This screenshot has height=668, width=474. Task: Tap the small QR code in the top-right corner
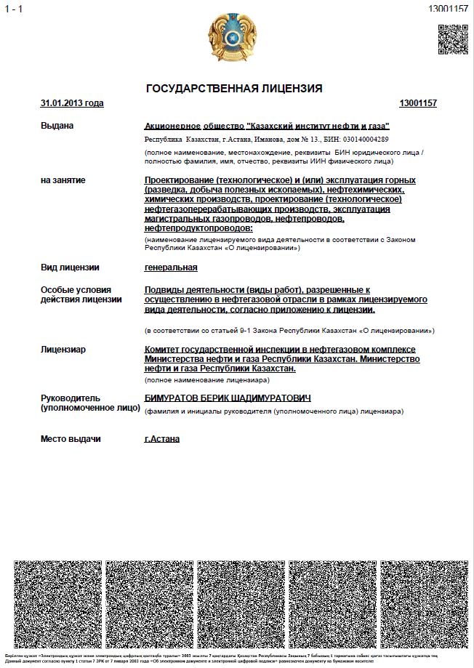[452, 39]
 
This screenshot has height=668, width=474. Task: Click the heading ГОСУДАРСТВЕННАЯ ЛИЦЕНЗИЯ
[234, 89]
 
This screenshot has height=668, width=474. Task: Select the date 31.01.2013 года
[72, 103]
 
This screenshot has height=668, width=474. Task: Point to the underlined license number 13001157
[418, 103]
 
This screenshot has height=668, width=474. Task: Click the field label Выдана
[57, 126]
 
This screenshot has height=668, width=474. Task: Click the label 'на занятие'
[63, 180]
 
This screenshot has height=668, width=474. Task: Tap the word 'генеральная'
[171, 267]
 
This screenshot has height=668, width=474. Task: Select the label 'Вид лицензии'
[70, 267]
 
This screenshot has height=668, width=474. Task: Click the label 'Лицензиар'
[63, 350]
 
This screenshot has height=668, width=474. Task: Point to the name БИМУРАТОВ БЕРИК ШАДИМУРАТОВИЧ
[228, 398]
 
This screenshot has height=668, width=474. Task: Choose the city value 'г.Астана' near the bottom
[162, 438]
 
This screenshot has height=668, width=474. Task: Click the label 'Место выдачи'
[71, 439]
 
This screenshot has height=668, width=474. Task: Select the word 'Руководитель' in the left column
[71, 398]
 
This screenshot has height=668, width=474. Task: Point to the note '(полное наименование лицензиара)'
[207, 380]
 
